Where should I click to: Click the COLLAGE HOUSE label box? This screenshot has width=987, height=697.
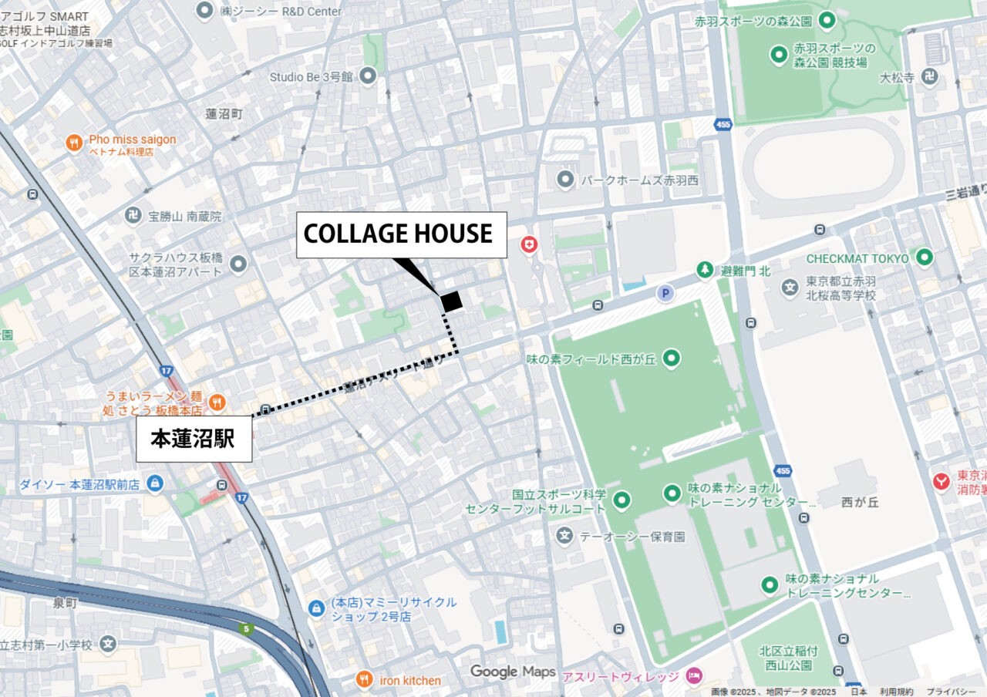tap(401, 234)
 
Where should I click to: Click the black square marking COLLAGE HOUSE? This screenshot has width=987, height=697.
tap(451, 301)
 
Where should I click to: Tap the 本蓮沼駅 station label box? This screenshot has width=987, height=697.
tap(194, 439)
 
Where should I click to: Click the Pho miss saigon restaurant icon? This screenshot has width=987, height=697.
tap(74, 142)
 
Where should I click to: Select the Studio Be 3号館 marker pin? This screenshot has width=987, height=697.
tap(368, 76)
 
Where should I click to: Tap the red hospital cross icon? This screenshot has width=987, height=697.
tap(528, 245)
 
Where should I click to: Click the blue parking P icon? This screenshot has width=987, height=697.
tap(664, 293)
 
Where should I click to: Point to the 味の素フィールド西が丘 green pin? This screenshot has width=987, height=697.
tap(672, 358)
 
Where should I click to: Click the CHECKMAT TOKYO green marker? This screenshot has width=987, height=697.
tap(924, 258)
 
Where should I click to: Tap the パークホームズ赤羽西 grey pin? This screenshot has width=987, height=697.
tap(566, 180)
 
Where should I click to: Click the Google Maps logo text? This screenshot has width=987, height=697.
tap(512, 672)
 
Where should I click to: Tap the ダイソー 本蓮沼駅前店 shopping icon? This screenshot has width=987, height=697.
tap(155, 484)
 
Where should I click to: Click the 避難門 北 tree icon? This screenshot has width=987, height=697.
tap(704, 270)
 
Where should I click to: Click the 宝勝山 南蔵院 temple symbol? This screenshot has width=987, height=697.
tap(133, 217)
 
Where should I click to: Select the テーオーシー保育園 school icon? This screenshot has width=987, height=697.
tap(565, 535)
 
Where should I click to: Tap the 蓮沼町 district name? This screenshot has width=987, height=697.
tap(224, 113)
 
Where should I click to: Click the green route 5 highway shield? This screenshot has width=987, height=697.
tap(246, 628)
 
